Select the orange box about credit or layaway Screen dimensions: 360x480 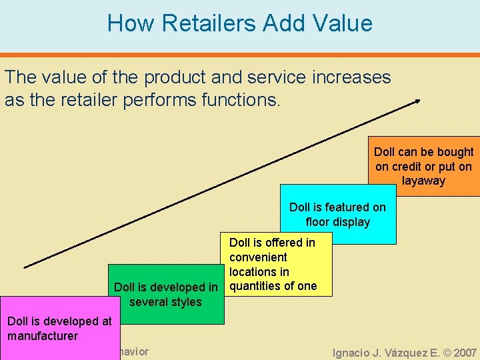(x=423, y=166)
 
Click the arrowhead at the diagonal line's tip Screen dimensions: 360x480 (x=417, y=101)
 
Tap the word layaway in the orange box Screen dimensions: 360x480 (x=423, y=181)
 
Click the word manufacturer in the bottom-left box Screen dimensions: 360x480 (x=43, y=335)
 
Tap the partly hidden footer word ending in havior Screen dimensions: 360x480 (x=131, y=351)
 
